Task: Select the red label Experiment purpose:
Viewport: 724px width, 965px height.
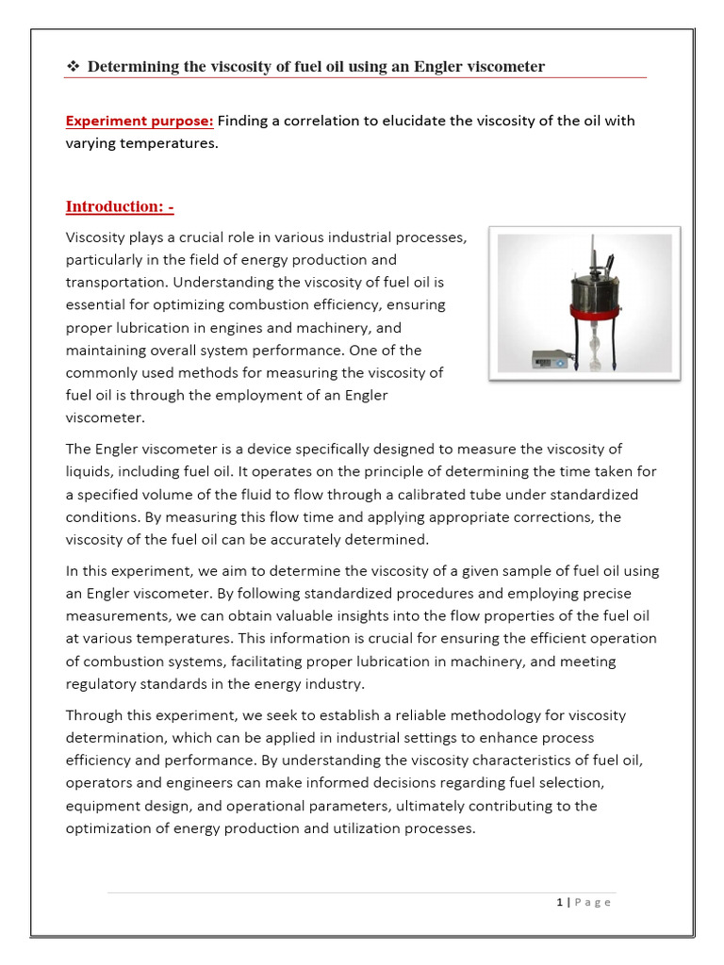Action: (x=140, y=121)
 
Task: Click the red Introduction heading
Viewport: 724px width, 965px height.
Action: (x=120, y=206)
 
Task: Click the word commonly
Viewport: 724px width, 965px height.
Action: (x=105, y=372)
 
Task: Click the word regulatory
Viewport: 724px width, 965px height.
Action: (x=107, y=683)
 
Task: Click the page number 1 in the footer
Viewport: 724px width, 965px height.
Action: (x=559, y=902)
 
